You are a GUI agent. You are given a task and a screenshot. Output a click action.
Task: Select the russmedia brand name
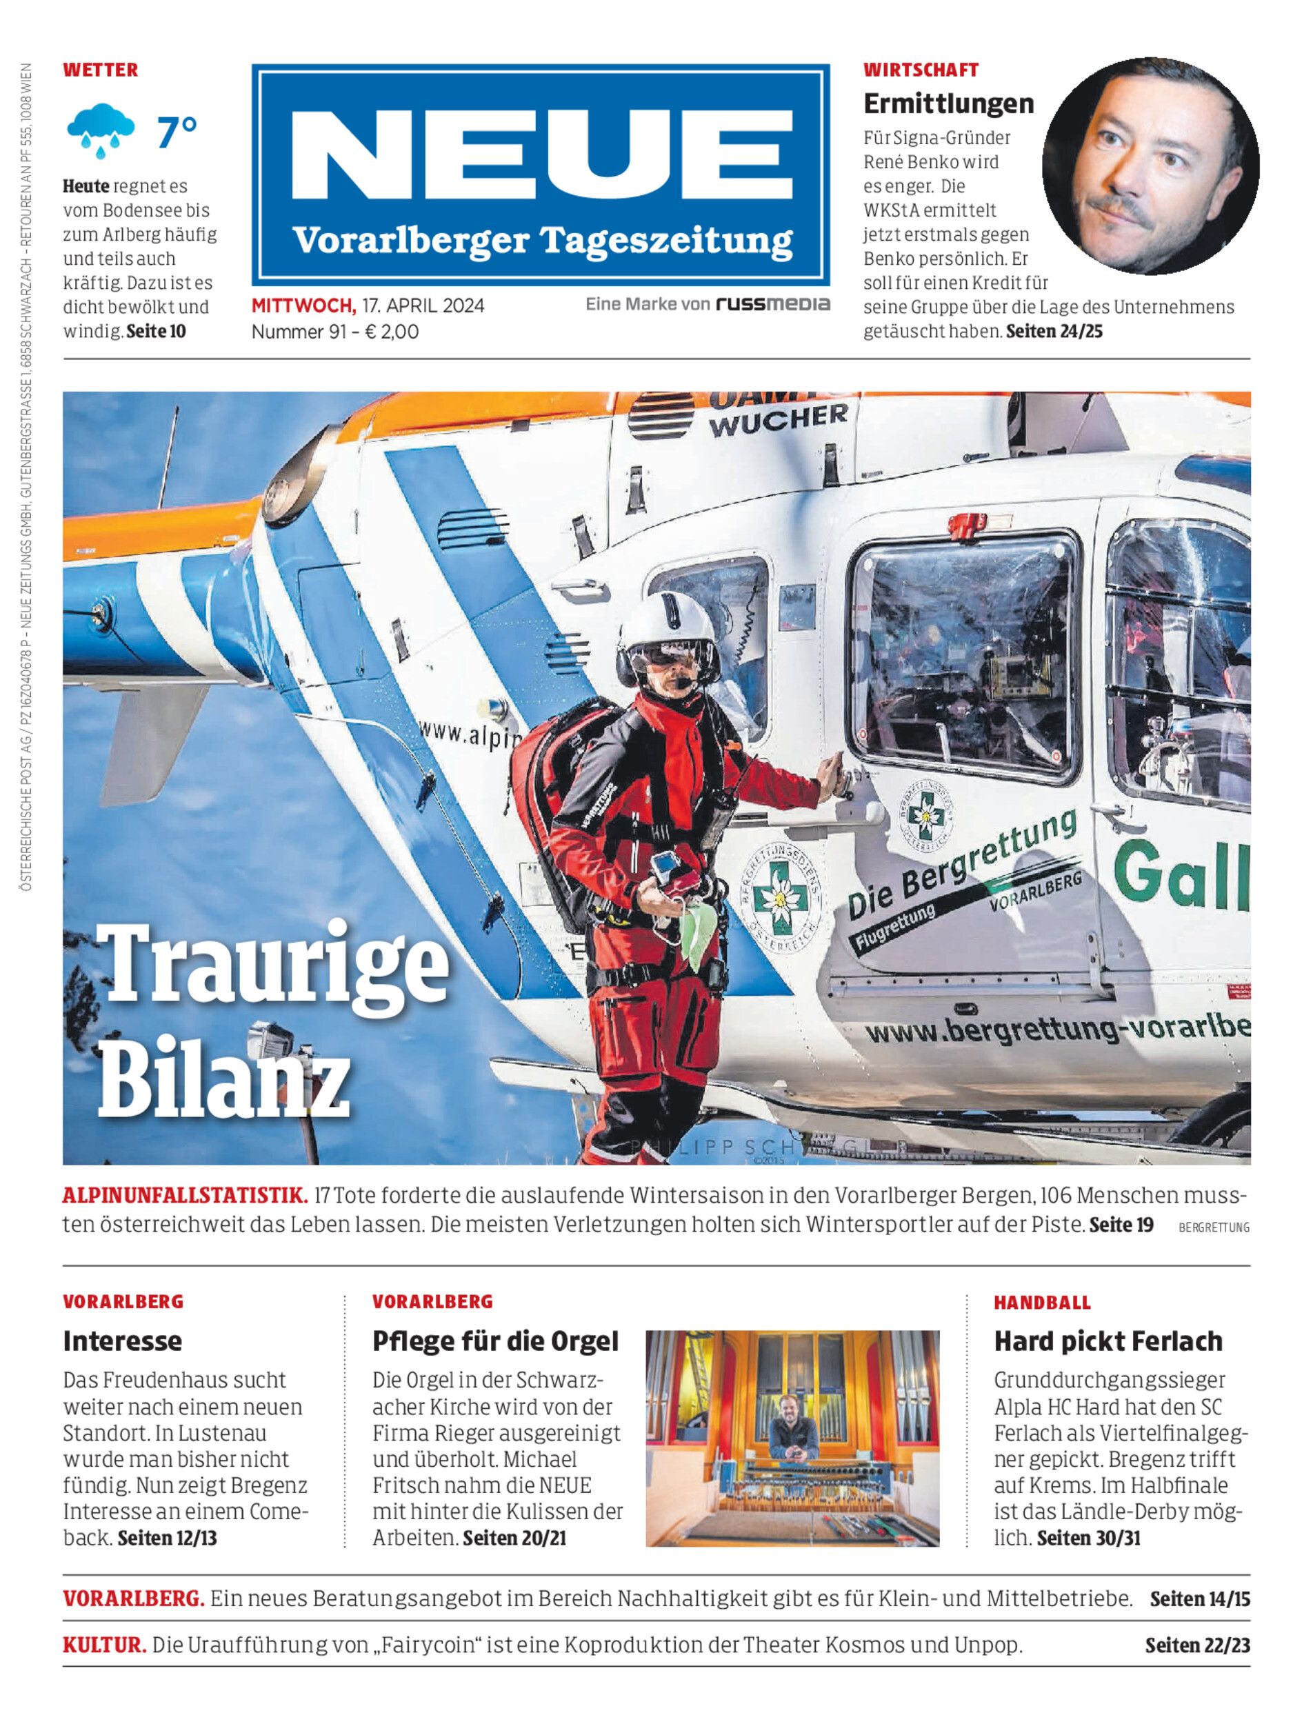(x=773, y=304)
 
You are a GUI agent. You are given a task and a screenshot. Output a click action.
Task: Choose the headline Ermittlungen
(x=948, y=103)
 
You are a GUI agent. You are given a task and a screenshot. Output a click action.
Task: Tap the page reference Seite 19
(x=1121, y=1224)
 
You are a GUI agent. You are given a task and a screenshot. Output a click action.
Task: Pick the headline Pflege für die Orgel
(x=494, y=1341)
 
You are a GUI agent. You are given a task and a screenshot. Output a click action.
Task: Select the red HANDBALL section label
(x=1042, y=1302)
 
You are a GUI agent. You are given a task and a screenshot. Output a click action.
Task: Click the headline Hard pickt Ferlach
(x=1107, y=1341)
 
